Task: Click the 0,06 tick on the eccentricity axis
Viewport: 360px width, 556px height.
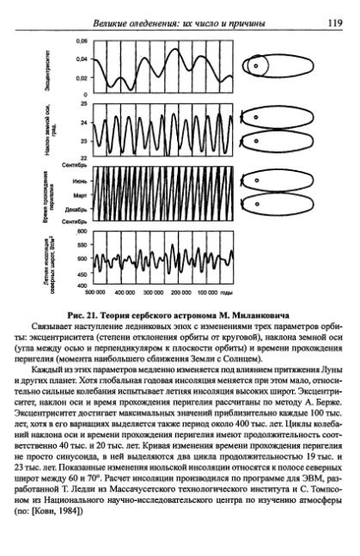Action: (x=82, y=41)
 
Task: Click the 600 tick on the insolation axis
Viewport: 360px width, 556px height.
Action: (x=82, y=231)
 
